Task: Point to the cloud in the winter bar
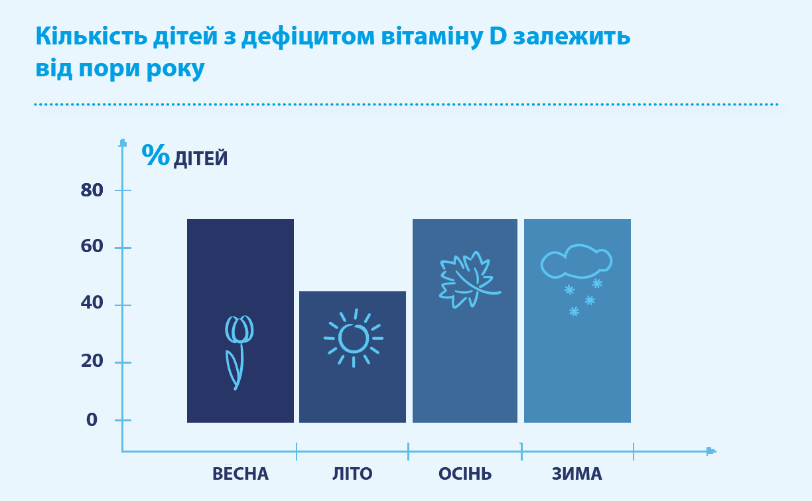(x=576, y=261)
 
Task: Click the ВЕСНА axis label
(x=240, y=473)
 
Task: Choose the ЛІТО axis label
(x=352, y=473)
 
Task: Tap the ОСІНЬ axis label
(x=465, y=473)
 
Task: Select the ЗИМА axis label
(x=576, y=473)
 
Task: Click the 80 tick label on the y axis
(x=92, y=190)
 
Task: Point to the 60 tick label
(x=92, y=246)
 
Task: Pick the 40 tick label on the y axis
(x=92, y=303)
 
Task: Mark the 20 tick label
(x=92, y=361)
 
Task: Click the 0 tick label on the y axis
(x=92, y=419)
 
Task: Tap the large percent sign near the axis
(x=155, y=155)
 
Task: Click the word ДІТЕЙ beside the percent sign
(x=200, y=159)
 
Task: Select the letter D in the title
(x=498, y=36)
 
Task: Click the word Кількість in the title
(x=92, y=36)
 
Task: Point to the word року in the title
(x=176, y=68)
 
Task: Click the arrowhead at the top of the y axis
(x=123, y=143)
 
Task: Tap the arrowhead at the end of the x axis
(x=711, y=451)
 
